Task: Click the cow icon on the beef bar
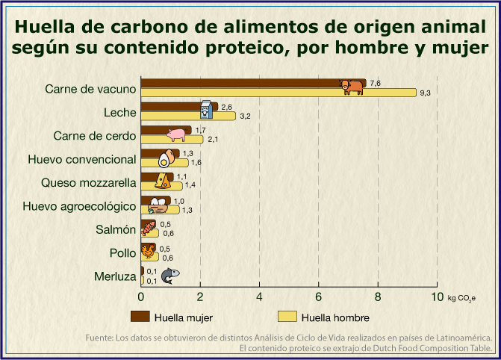click(351, 86)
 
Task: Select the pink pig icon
click(176, 134)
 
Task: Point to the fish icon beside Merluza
click(171, 276)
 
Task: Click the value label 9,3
click(426, 93)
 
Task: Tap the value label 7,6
click(376, 83)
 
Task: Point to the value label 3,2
click(244, 116)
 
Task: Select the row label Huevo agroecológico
click(79, 206)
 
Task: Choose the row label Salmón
click(116, 229)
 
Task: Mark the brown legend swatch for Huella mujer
click(141, 316)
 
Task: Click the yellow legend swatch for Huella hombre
click(287, 316)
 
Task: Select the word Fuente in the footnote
click(99, 337)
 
